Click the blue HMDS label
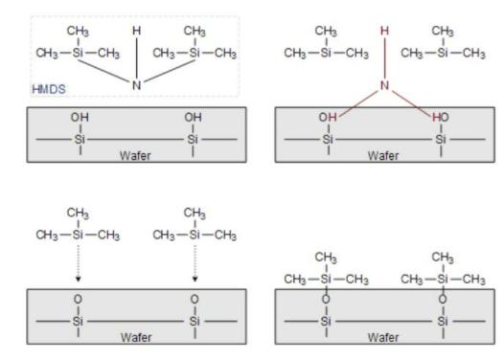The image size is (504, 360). tap(49, 89)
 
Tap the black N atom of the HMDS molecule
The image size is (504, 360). tap(137, 85)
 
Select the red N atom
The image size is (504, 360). tap(384, 85)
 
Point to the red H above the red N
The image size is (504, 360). tap(384, 31)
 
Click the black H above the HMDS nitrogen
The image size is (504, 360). tap(137, 31)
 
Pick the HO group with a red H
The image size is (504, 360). tap(441, 117)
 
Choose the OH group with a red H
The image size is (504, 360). tap(328, 117)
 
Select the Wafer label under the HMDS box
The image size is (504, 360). tap(135, 156)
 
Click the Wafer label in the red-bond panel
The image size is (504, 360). tap(383, 156)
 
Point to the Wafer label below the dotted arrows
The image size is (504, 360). tap(136, 338)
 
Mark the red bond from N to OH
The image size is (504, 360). tap(358, 103)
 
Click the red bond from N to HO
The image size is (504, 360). tap(411, 103)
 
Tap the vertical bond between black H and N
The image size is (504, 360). tap(137, 58)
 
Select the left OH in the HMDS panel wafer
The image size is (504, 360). tap(80, 117)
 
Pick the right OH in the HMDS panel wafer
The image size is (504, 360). tap(193, 117)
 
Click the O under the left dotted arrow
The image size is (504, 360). tap(78, 300)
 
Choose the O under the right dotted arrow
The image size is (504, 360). tap(195, 300)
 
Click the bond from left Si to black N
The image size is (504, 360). tap(104, 71)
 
